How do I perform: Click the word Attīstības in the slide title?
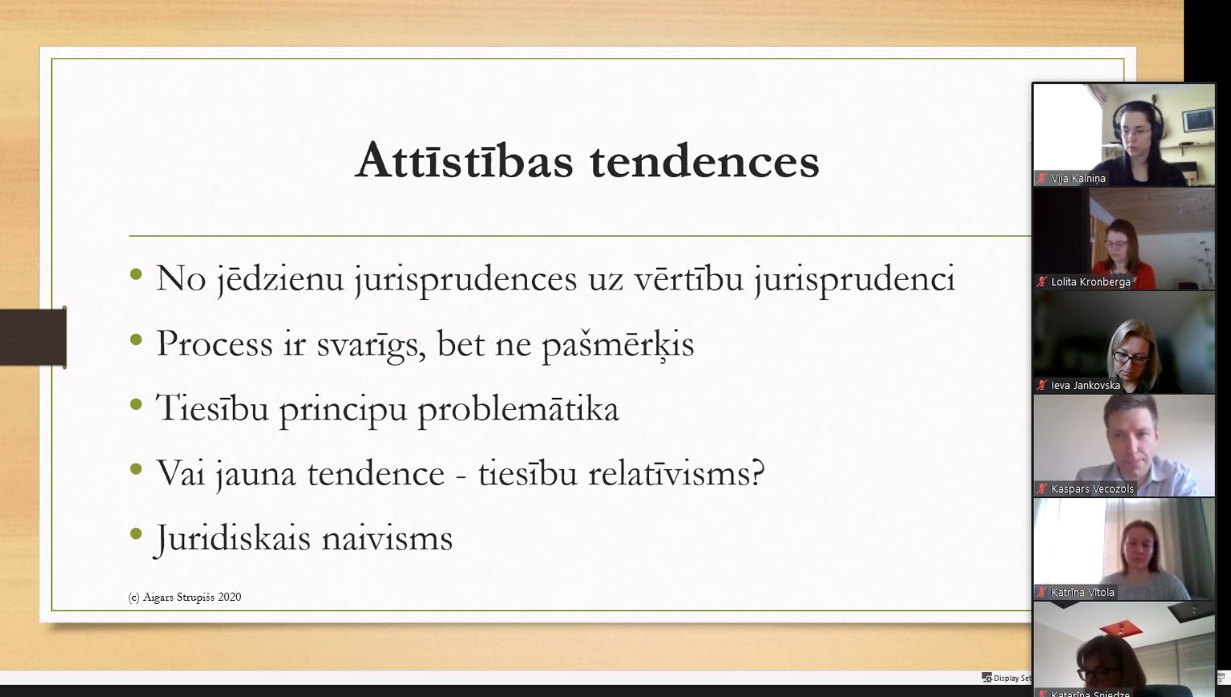point(465,161)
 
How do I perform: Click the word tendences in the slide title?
point(705,162)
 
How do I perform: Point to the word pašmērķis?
point(618,344)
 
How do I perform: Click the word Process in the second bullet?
point(214,344)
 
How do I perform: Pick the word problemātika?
point(518,409)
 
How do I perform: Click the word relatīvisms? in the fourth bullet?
point(676,472)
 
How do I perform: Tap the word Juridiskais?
point(233,539)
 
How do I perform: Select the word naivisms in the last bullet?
point(387,538)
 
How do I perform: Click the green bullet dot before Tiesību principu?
point(136,405)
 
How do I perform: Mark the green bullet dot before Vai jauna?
point(136,470)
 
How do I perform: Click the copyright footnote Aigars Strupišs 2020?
point(184,597)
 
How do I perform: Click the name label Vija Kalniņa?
point(1077,178)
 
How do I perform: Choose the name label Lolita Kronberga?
point(1090,282)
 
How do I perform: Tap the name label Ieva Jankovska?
point(1086,386)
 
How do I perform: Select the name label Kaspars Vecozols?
point(1092,488)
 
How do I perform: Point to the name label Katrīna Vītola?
point(1082,592)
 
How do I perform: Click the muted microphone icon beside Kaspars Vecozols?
point(1041,488)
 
